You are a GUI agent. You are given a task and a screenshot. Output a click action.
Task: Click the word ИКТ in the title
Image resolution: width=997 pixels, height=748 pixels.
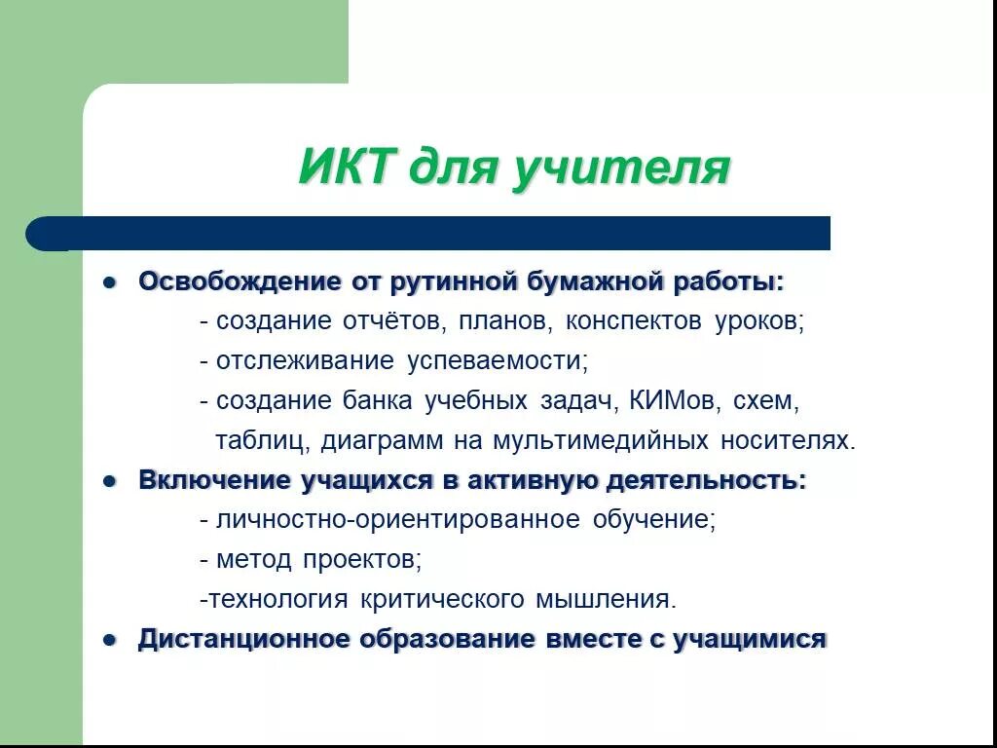(x=345, y=168)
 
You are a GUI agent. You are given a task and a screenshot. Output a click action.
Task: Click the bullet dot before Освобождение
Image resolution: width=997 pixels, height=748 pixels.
(x=110, y=282)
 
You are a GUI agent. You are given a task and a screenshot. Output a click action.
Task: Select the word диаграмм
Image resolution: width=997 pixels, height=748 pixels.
(x=382, y=440)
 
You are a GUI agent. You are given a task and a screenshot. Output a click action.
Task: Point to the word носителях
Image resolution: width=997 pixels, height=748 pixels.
(x=788, y=440)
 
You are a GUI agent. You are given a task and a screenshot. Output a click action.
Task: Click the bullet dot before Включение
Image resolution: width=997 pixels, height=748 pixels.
(x=110, y=481)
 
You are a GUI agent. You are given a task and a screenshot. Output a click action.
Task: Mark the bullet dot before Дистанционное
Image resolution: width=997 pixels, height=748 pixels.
(x=110, y=640)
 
